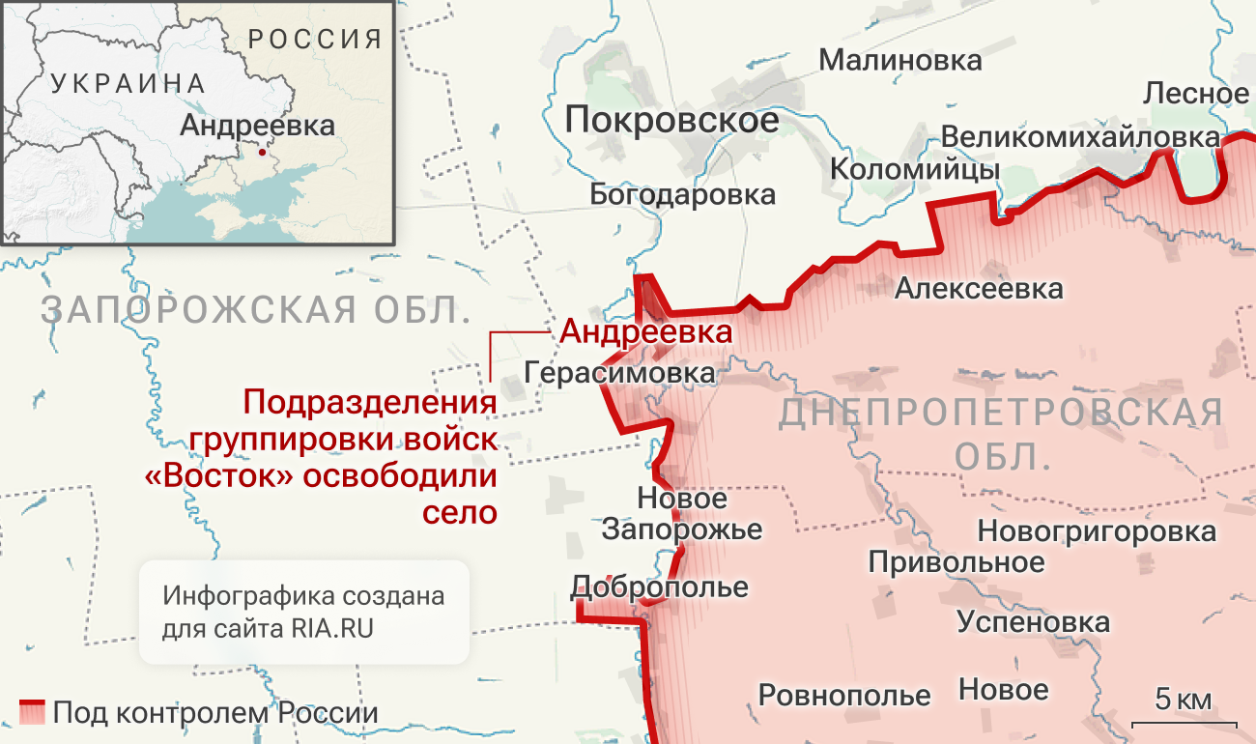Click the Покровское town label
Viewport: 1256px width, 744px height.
671,120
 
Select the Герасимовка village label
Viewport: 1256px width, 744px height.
619,372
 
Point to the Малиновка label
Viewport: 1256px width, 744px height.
900,60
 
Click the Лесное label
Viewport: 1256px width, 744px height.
1195,94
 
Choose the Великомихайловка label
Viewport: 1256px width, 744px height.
1079,136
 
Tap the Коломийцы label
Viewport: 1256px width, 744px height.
914,170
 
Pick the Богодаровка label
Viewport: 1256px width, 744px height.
682,194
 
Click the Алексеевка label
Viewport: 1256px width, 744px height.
978,287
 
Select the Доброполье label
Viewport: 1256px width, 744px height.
659,587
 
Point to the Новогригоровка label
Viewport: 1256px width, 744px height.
1097,530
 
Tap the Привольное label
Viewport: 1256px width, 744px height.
956,561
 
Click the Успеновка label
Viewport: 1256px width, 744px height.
1033,622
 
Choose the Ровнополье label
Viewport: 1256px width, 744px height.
843,695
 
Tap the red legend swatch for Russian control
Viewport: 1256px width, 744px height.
32,712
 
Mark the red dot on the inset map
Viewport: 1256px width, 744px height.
261,152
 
